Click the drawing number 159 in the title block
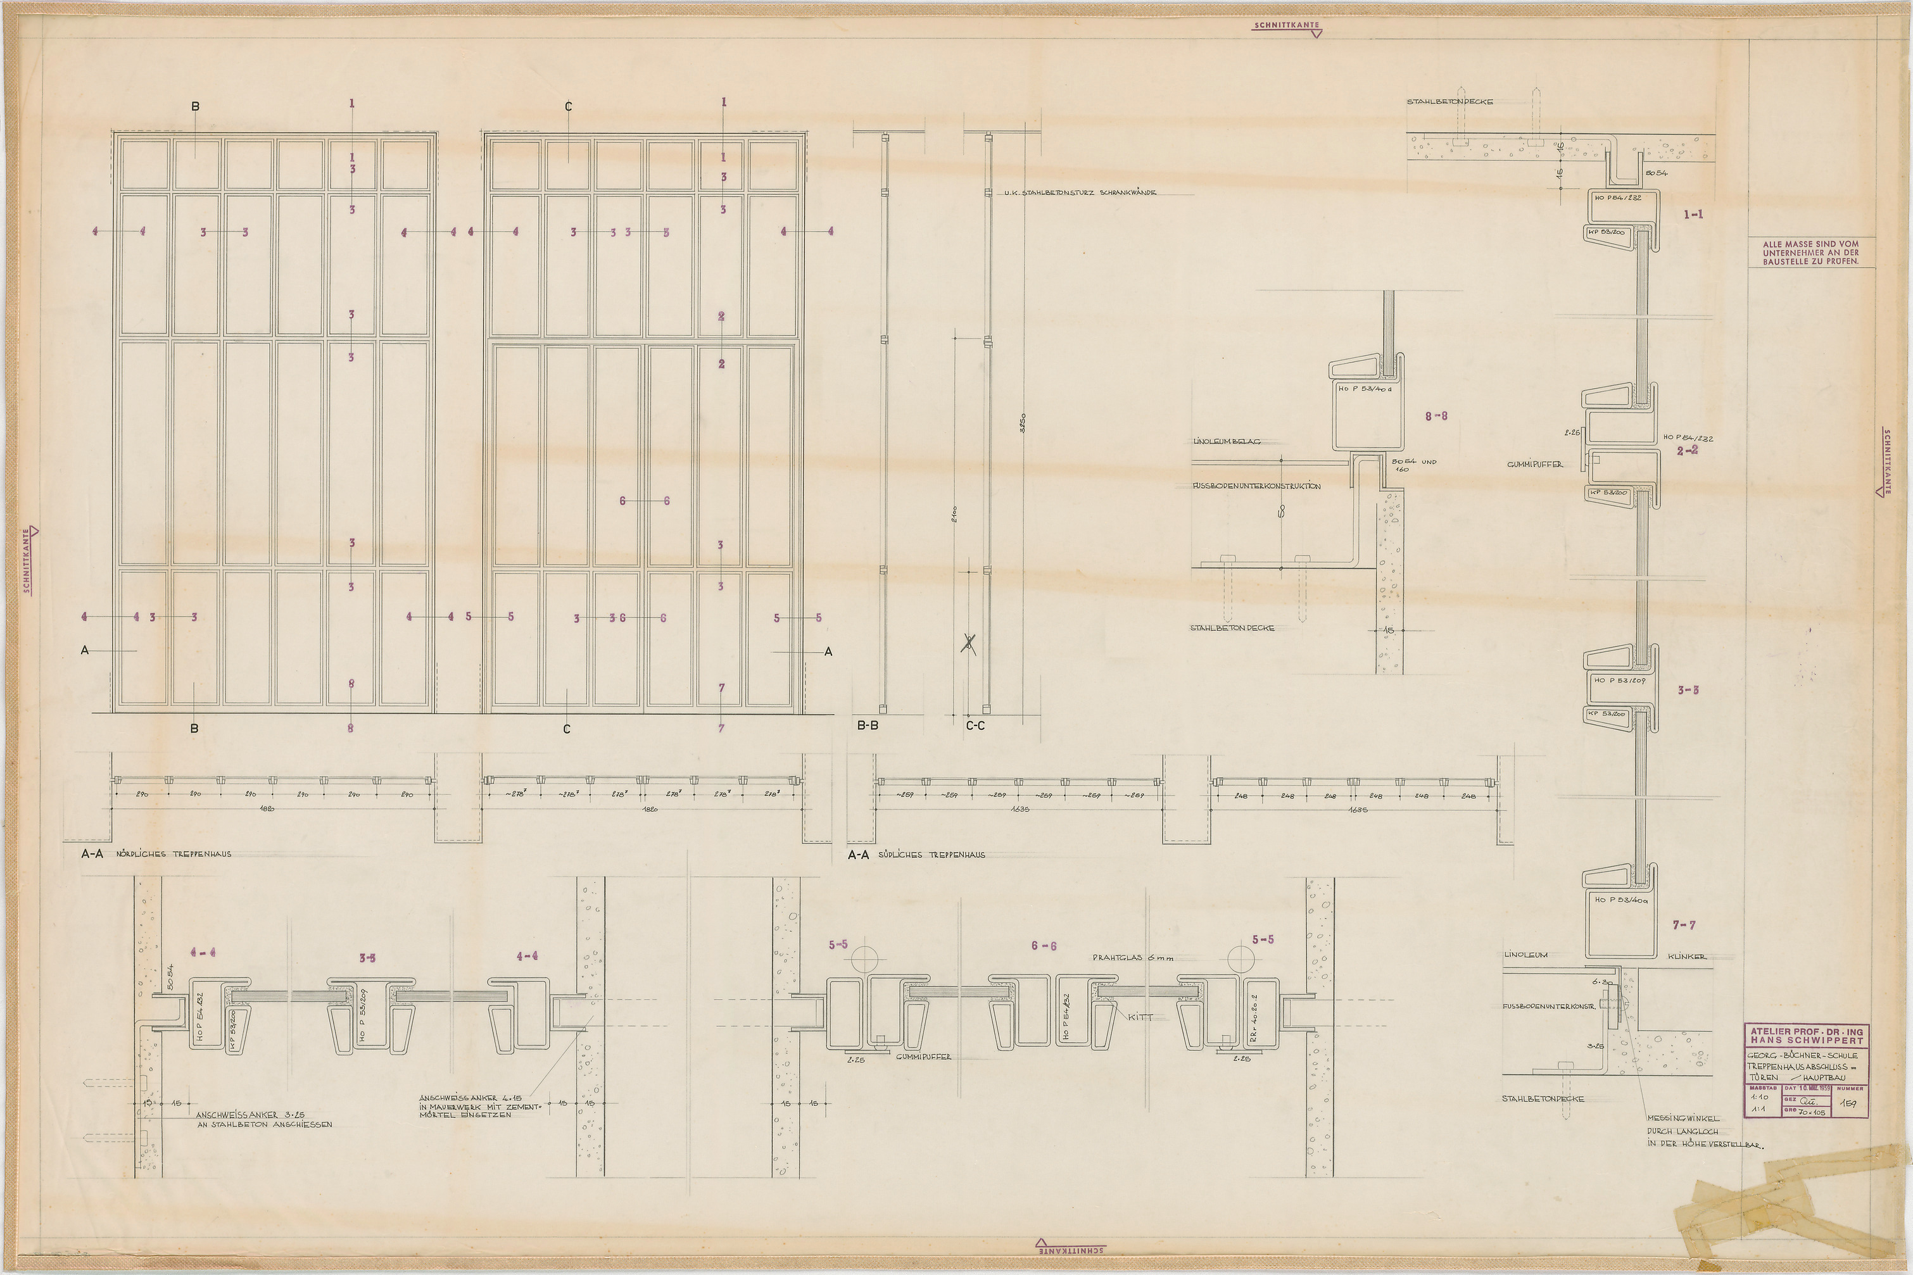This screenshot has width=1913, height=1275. click(1848, 1104)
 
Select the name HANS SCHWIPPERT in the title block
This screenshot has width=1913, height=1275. click(1807, 1040)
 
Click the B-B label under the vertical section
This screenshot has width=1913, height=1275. click(867, 725)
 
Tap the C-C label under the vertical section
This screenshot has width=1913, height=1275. click(975, 725)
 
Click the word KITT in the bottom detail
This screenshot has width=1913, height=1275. click(1140, 1017)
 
